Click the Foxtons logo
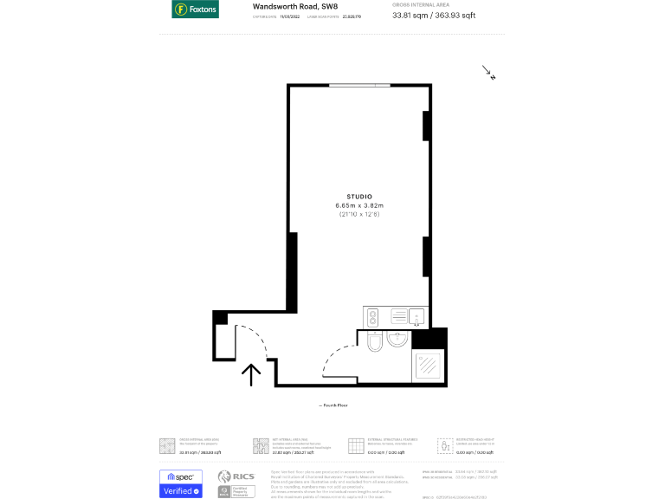tap(195, 10)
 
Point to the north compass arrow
tap(488, 73)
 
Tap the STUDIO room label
tap(358, 197)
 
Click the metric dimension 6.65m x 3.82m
tap(358, 205)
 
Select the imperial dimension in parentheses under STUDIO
tap(358, 214)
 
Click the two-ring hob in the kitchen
tap(373, 317)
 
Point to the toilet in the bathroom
tap(373, 344)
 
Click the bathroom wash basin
tap(397, 340)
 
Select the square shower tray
tap(428, 367)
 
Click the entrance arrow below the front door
tap(251, 374)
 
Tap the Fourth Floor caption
tap(334, 405)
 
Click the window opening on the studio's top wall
tap(358, 84)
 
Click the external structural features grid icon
tap(354, 445)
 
